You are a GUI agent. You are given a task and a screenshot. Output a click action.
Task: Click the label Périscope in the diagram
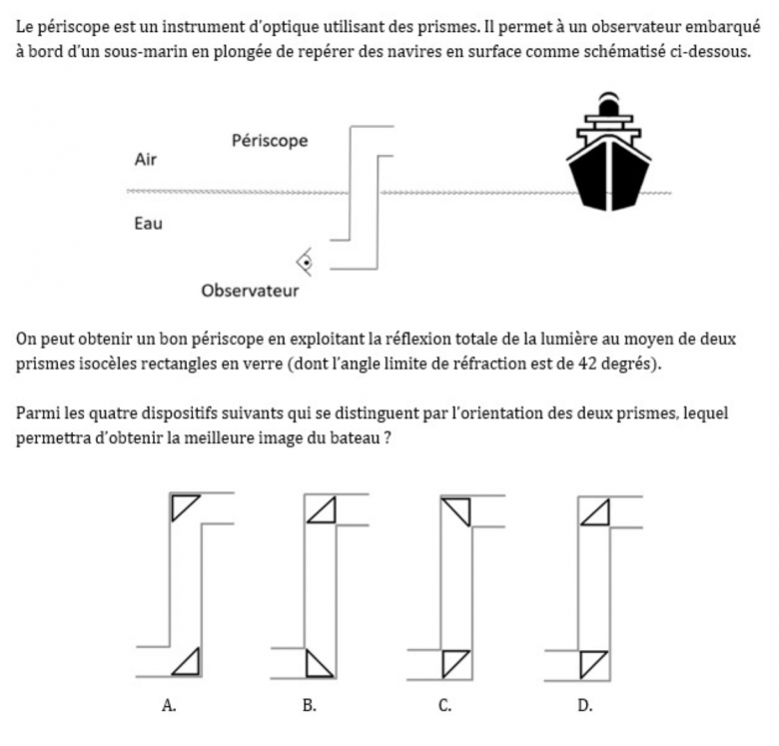pyautogui.click(x=270, y=141)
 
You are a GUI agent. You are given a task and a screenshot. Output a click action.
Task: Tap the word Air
pyautogui.click(x=145, y=159)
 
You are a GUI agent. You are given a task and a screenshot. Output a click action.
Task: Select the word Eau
pyautogui.click(x=147, y=224)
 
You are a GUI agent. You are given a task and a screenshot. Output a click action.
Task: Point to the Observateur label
pyautogui.click(x=250, y=292)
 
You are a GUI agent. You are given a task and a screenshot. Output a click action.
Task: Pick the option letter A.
pyautogui.click(x=170, y=705)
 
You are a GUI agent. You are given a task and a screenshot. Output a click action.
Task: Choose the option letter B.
pyautogui.click(x=310, y=705)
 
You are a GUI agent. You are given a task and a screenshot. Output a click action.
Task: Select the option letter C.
pyautogui.click(x=445, y=705)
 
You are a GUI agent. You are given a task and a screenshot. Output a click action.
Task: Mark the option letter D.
pyautogui.click(x=585, y=705)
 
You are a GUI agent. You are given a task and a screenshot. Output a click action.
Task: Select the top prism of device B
pyautogui.click(x=322, y=512)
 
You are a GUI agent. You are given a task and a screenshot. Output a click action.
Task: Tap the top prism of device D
pyautogui.click(x=595, y=512)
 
